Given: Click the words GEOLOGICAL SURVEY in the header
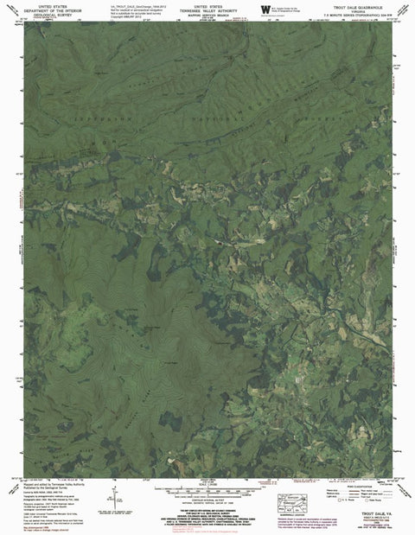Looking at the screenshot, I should pyautogui.click(x=54, y=15).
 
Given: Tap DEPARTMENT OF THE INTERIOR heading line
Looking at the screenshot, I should pyautogui.click(x=54, y=10).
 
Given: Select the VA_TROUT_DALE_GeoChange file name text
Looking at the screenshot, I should pyautogui.click(x=137, y=4).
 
